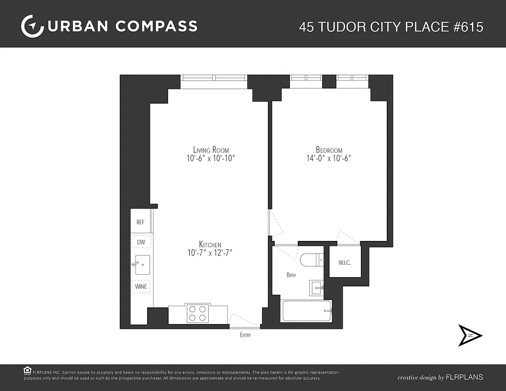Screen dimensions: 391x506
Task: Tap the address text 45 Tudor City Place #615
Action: (x=391, y=26)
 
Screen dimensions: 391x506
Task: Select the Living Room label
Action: (x=211, y=150)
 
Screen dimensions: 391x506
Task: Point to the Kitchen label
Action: (x=210, y=244)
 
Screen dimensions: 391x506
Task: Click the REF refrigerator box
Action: (x=141, y=222)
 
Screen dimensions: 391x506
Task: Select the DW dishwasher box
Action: (x=141, y=242)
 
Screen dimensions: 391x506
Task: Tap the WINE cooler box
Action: (x=141, y=286)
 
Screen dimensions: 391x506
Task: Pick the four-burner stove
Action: (x=198, y=313)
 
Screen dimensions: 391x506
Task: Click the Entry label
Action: (x=245, y=335)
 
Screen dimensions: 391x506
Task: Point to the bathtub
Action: (x=307, y=311)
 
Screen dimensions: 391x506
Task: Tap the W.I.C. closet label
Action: (x=345, y=262)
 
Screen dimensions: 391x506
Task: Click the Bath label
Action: (x=291, y=275)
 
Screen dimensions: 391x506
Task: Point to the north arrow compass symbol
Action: (x=470, y=335)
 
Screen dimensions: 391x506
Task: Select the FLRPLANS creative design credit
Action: (x=440, y=377)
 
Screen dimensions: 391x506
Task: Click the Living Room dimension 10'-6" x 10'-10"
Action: (x=211, y=158)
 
